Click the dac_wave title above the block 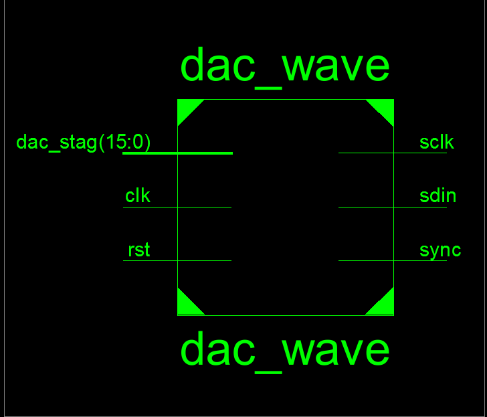[285, 68]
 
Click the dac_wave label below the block [285, 352]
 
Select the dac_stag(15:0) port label [83, 143]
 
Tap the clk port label [138, 195]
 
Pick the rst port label [139, 250]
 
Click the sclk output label [437, 143]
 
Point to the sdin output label [437, 195]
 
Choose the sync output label [440, 251]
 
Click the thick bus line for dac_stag [178, 153]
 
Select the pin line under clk [177, 207]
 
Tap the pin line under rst [177, 260]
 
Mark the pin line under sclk [393, 153]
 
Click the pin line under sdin [393, 207]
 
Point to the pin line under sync [393, 260]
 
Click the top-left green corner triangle [186, 108]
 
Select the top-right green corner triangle [385, 108]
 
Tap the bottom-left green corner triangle [186, 307]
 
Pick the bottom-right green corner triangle [385, 307]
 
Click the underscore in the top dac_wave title [268, 88]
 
